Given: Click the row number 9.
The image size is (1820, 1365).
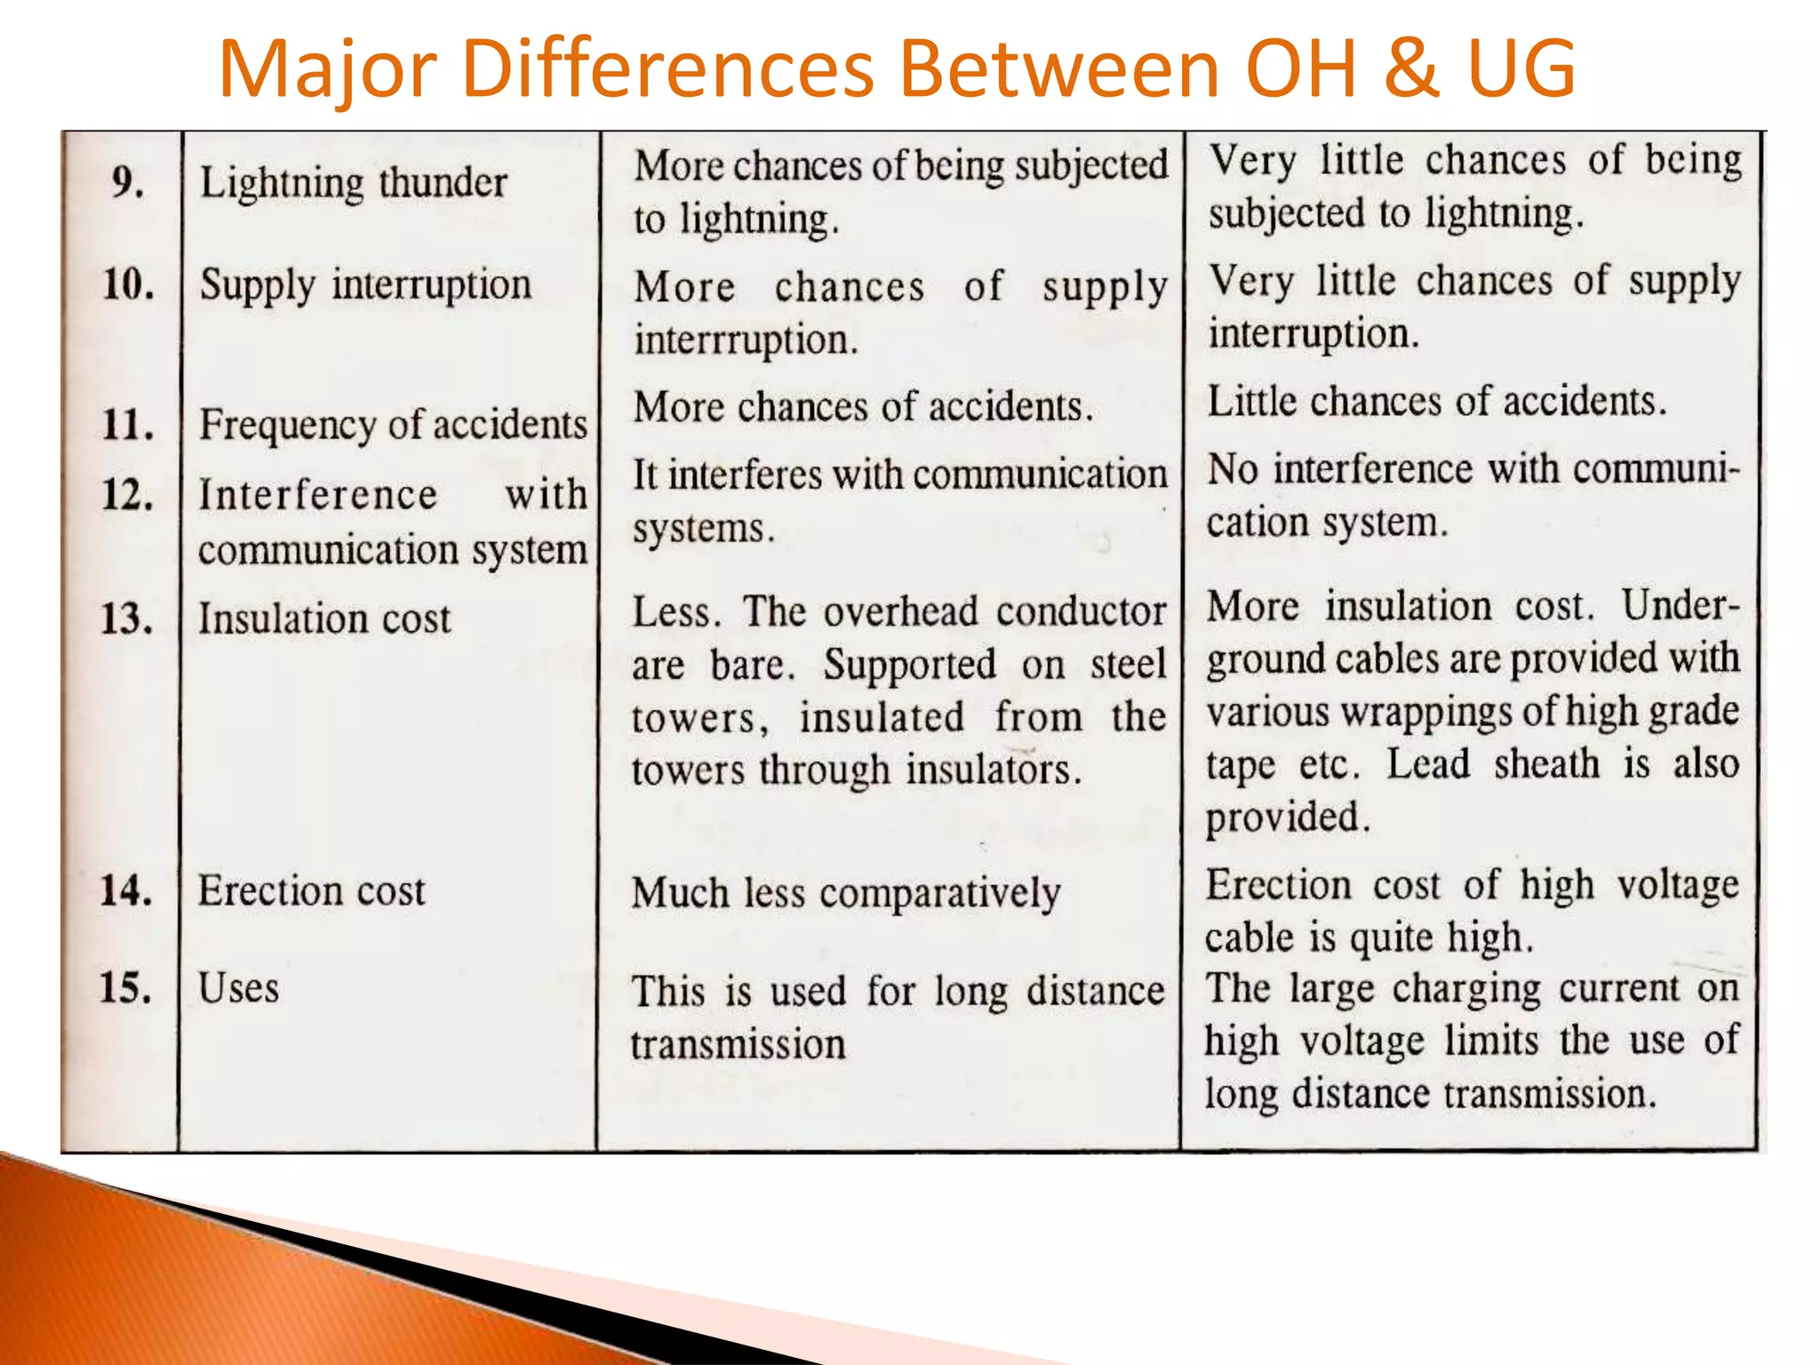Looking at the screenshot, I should [x=128, y=182].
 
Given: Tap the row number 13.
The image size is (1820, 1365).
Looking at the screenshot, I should [x=126, y=619].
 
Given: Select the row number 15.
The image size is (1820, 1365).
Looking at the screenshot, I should [x=125, y=988].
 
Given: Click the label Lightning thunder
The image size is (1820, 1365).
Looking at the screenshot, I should [x=353, y=183].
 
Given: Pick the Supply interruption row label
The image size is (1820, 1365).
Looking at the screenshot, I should [x=365, y=285].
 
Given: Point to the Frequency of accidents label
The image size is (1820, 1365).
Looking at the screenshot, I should [x=393, y=424].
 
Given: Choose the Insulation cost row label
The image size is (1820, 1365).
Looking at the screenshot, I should [x=324, y=619].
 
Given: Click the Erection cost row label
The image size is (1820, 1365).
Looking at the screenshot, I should [x=311, y=890].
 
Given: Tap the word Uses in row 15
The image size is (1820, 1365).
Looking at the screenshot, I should [x=238, y=988].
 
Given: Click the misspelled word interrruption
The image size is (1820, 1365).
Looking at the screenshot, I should [x=745, y=340].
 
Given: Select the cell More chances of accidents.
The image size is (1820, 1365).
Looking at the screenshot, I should [x=863, y=407].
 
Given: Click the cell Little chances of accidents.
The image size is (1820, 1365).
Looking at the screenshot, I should [x=1436, y=402].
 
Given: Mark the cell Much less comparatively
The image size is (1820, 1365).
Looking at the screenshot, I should [x=846, y=893].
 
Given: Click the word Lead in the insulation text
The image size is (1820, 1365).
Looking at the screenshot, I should [x=1428, y=764].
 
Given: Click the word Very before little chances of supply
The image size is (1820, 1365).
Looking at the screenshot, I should [x=1251, y=281].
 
